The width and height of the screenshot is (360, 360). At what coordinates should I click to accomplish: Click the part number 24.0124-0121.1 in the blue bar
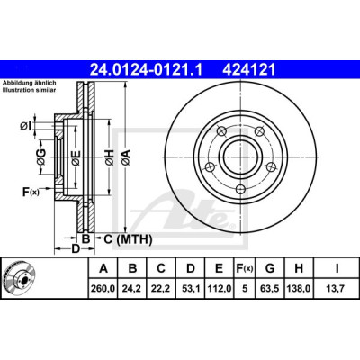point(147,70)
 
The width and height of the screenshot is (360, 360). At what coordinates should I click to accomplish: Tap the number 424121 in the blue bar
point(248,70)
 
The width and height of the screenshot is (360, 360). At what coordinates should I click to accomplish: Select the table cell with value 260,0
point(103,289)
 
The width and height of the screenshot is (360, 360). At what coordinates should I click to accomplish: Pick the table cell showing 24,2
point(132,289)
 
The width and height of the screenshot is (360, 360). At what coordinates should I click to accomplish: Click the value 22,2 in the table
point(161,289)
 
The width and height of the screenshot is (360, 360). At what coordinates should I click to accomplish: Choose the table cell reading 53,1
point(191,289)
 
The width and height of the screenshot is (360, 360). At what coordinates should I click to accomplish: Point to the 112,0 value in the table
point(220,289)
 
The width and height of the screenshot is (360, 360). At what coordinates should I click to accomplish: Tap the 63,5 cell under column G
point(270,289)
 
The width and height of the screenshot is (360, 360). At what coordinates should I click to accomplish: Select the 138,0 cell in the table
point(299,289)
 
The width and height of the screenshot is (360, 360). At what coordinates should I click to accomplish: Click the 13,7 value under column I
point(337,289)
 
